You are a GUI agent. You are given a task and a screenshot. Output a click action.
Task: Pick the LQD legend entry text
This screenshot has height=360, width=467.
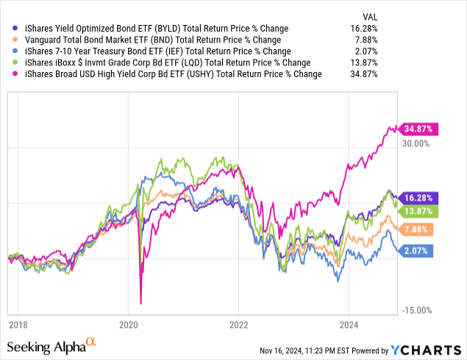168,63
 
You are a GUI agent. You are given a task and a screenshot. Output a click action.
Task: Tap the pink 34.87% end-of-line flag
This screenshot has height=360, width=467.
416,129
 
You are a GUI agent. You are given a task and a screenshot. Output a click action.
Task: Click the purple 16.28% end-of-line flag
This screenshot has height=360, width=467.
416,198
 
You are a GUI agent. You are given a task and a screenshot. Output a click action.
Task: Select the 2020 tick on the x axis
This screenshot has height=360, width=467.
128,324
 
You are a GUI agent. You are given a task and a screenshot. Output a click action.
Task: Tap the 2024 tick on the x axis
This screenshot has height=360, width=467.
349,324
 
